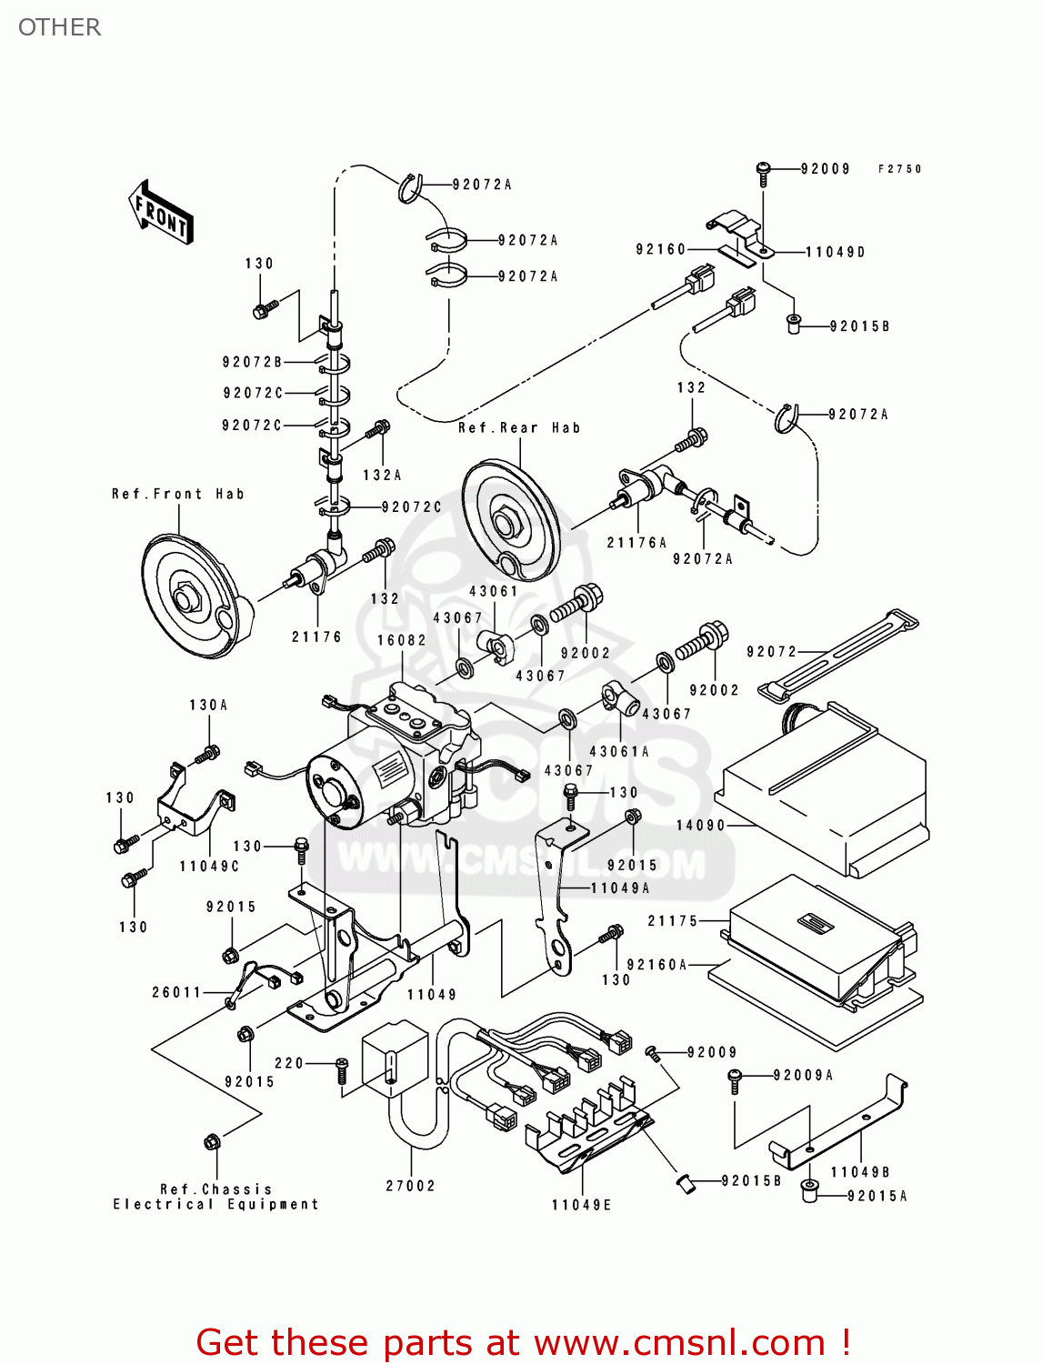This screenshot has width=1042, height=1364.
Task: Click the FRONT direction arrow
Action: [x=162, y=214]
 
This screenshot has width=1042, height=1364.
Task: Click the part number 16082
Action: [x=402, y=640]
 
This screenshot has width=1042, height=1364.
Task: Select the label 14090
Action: [x=700, y=826]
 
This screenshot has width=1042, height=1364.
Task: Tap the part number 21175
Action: [x=673, y=921]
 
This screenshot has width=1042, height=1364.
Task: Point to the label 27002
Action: [x=411, y=1186]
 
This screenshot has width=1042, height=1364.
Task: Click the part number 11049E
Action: [x=582, y=1205]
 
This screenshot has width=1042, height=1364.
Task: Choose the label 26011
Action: [x=177, y=992]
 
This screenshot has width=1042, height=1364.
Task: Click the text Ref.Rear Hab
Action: [x=519, y=427]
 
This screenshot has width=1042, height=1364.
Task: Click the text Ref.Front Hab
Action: [x=178, y=494]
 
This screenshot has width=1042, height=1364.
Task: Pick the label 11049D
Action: [x=836, y=252]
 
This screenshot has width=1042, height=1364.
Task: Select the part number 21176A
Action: [x=637, y=543]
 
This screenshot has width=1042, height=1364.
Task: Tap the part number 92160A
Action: [x=657, y=965]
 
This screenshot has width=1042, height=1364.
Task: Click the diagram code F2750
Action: [x=900, y=169]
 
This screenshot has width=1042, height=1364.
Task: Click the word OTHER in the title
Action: [x=60, y=27]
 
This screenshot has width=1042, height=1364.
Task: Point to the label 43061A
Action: [x=620, y=752]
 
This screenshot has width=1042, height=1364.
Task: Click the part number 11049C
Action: [x=209, y=867]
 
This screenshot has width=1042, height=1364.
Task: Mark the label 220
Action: [x=289, y=1063]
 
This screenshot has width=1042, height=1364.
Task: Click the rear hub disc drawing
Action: [x=511, y=520]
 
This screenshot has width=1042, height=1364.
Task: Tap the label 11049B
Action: [x=860, y=1172]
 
